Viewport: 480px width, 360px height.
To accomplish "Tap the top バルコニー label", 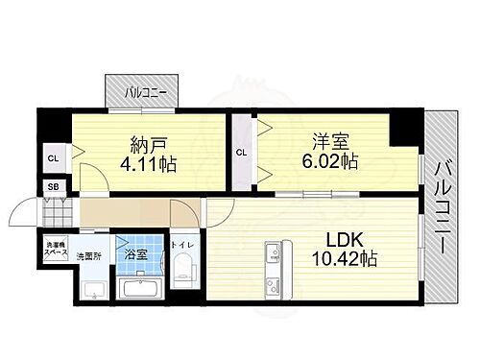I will (147, 92).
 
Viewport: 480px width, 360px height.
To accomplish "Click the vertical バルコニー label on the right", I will (443, 205).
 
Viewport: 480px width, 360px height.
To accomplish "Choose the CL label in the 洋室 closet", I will (242, 152).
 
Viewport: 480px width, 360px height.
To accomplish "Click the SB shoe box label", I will (53, 188).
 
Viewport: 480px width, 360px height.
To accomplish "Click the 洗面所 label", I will (90, 256).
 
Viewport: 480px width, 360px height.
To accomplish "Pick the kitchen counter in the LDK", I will (273, 264).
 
